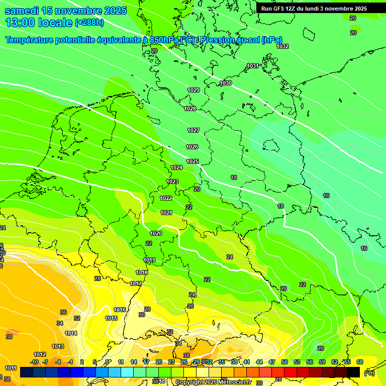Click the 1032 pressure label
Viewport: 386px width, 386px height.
[282, 46]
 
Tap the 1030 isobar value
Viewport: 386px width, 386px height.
[226, 83]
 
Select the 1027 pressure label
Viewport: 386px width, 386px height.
[194, 130]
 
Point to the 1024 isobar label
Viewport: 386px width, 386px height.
[176, 167]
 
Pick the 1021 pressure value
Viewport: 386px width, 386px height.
[166, 213]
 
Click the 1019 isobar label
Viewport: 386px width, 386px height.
[149, 260]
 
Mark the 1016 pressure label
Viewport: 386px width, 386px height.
[120, 310]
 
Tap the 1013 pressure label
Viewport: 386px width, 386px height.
[58, 346]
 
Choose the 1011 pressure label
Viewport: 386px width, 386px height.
[11, 368]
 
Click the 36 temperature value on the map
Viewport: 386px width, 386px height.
[63, 312]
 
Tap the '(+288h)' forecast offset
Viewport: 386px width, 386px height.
[90, 23]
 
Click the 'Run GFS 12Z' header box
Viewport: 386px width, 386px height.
[314, 9]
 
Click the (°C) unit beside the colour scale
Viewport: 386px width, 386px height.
[369, 373]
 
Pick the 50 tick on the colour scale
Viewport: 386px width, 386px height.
[284, 362]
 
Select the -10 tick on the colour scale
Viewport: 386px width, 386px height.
[34, 362]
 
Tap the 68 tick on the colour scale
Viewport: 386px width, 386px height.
[360, 362]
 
